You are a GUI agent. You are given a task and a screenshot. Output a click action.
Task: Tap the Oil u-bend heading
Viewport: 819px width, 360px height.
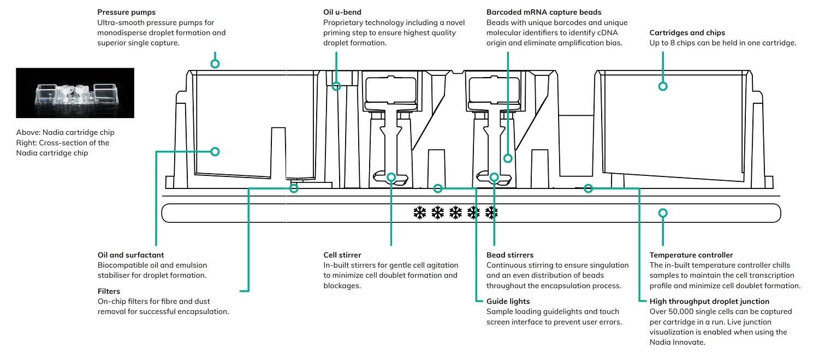click(342, 12)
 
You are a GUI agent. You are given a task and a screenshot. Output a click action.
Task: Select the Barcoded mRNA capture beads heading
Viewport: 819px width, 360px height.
click(544, 12)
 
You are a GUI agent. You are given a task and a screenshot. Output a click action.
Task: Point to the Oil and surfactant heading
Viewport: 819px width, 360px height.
click(130, 255)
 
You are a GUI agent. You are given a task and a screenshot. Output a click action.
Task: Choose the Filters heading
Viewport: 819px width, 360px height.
click(109, 291)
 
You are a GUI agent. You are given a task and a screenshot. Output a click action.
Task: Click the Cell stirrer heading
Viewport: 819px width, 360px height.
click(342, 255)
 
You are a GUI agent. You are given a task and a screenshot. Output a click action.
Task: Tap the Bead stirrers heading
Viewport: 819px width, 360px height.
click(510, 255)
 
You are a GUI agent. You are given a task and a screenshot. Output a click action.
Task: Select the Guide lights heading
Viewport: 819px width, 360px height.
click(508, 301)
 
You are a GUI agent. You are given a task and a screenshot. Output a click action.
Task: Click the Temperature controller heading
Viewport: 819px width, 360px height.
click(691, 255)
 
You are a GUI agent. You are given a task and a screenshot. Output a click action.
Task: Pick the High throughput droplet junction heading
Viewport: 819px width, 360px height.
click(709, 301)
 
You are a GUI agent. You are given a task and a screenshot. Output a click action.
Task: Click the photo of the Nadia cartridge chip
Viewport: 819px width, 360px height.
click(75, 93)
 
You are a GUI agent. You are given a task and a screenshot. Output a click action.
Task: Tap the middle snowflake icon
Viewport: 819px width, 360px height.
click(455, 213)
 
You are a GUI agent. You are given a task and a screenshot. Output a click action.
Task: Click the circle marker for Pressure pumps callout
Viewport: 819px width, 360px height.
click(215, 64)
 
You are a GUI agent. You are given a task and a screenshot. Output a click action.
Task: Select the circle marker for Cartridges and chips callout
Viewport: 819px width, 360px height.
click(663, 86)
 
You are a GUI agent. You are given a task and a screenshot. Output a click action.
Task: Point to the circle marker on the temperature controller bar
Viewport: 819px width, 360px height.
click(663, 213)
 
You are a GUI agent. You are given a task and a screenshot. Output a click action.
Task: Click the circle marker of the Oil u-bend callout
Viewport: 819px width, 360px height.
click(336, 86)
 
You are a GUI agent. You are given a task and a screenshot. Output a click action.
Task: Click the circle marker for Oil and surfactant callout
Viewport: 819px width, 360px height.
click(215, 151)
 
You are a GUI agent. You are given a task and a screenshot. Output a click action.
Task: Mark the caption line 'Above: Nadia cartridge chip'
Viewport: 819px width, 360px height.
click(65, 133)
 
